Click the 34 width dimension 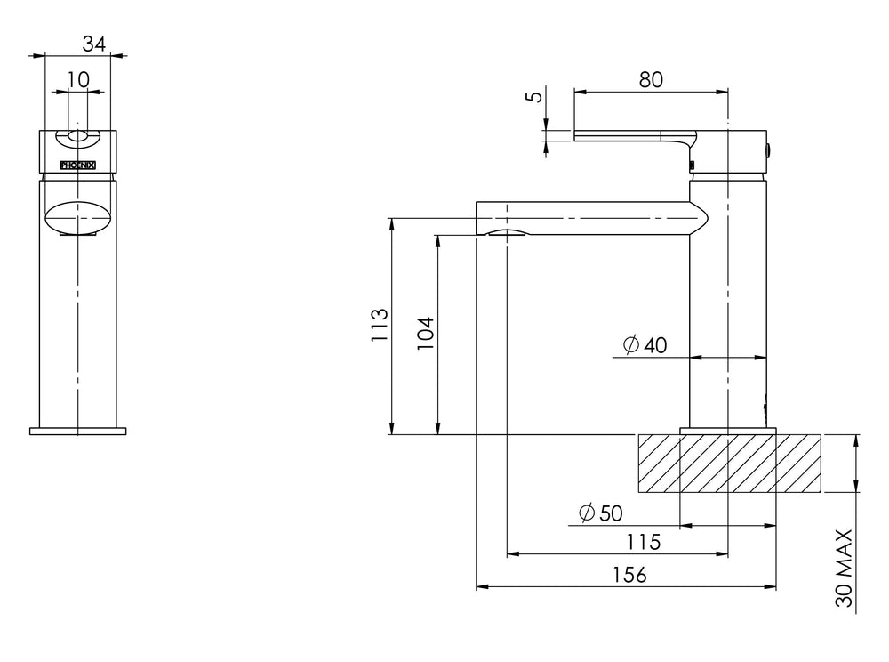point(94,44)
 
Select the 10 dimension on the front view point(78,80)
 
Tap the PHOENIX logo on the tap point(77,165)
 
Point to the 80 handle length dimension point(651,80)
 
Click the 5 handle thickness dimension point(534,96)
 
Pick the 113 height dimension point(380,325)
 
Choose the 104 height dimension point(425,334)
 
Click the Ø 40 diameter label point(645,345)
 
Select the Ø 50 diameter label point(601,513)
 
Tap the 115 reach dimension point(644,542)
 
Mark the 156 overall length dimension point(629,575)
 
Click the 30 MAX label point(845,568)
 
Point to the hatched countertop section point(729,463)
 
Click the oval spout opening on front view point(78,217)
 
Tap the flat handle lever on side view point(635,135)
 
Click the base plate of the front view point(77,432)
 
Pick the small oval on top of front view point(78,135)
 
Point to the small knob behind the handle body point(769,150)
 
